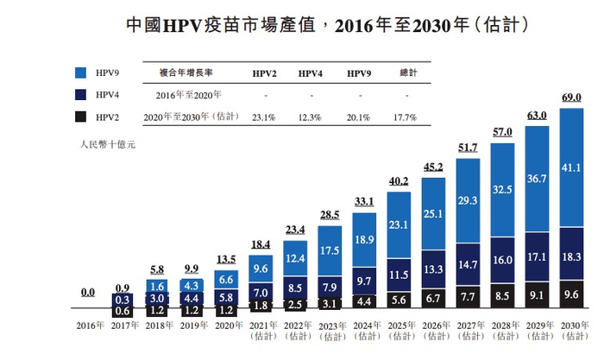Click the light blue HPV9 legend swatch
click(81, 72)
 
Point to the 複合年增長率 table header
click(189, 73)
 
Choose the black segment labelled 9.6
click(572, 294)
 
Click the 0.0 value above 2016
click(88, 293)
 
